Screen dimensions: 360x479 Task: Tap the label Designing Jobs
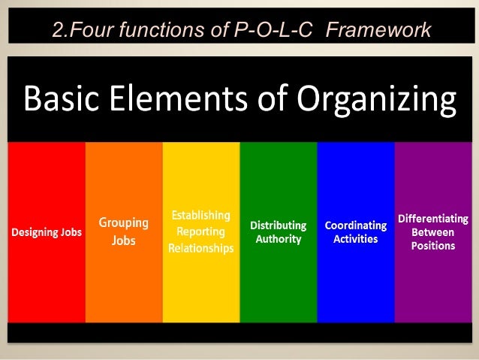(47, 232)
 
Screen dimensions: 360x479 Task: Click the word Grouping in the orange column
(124, 222)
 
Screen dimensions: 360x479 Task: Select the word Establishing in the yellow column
(200, 216)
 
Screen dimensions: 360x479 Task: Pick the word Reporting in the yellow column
(200, 231)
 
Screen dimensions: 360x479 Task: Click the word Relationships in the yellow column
(200, 247)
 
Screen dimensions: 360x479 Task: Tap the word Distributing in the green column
(278, 225)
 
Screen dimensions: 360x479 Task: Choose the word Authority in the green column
(278, 239)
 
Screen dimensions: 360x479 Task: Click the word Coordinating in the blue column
(356, 225)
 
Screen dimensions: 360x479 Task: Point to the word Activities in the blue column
(356, 239)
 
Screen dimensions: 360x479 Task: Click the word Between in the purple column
(433, 232)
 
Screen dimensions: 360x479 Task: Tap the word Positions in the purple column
(433, 246)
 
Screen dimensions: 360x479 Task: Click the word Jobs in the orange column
(124, 241)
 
